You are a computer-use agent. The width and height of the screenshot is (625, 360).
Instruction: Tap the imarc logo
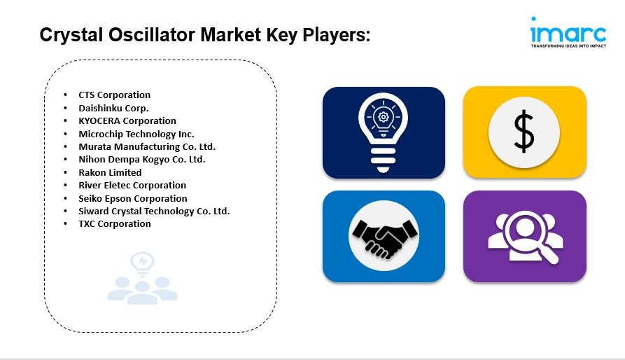pyautogui.click(x=568, y=32)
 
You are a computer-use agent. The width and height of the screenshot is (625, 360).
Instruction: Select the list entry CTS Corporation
pyautogui.click(x=114, y=95)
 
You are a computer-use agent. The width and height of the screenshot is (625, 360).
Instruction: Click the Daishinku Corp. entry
pyautogui.click(x=113, y=108)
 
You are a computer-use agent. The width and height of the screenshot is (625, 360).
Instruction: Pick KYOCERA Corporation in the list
pyautogui.click(x=127, y=120)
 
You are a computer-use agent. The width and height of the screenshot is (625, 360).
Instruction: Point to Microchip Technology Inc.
pyautogui.click(x=136, y=134)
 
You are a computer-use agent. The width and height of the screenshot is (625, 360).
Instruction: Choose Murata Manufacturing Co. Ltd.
pyautogui.click(x=147, y=146)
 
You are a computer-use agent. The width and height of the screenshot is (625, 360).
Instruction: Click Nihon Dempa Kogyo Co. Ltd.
pyautogui.click(x=142, y=160)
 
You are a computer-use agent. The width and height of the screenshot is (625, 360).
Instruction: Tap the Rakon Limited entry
pyautogui.click(x=110, y=172)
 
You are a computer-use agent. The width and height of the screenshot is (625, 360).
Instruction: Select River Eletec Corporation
pyautogui.click(x=132, y=186)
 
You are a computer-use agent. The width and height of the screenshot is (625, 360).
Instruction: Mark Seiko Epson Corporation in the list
pyautogui.click(x=133, y=198)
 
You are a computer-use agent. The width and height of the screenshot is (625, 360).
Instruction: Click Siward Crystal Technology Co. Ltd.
pyautogui.click(x=154, y=212)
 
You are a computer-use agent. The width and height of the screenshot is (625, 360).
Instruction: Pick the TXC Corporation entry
pyautogui.click(x=115, y=224)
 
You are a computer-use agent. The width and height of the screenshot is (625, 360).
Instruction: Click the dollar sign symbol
pyautogui.click(x=524, y=132)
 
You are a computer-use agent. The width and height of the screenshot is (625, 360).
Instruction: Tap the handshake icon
pyautogui.click(x=384, y=237)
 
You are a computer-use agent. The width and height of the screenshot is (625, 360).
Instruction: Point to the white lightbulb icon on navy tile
pyautogui.click(x=383, y=130)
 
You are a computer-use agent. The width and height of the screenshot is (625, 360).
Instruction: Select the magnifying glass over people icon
pyautogui.click(x=526, y=237)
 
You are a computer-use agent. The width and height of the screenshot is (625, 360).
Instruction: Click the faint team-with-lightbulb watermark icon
pyautogui.click(x=142, y=278)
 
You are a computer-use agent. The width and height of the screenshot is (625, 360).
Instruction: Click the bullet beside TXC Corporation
pyautogui.click(x=65, y=224)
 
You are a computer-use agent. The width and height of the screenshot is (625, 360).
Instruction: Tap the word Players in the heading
pyautogui.click(x=337, y=36)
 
